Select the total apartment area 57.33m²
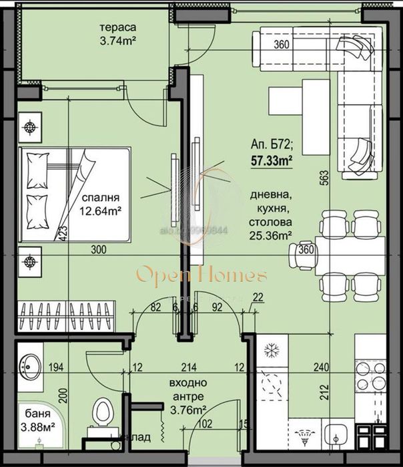[x=272, y=160]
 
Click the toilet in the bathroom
[x=102, y=411]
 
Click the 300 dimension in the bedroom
[x=98, y=250]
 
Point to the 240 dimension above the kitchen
[x=323, y=367]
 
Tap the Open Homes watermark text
[x=201, y=275]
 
